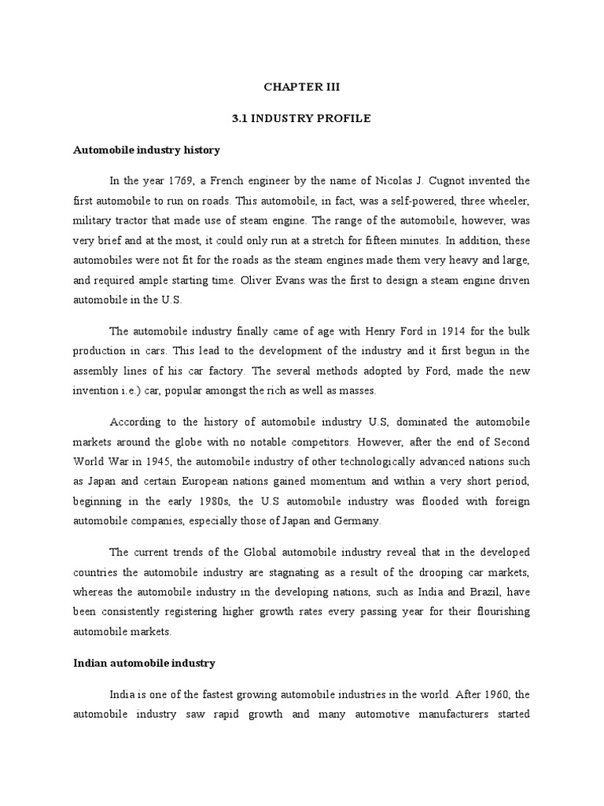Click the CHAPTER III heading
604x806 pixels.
301,88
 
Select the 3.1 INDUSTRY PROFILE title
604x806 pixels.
301,119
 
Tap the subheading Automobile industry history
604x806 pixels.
146,150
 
